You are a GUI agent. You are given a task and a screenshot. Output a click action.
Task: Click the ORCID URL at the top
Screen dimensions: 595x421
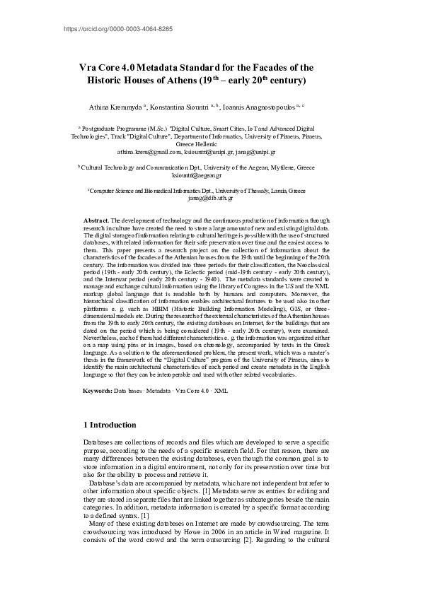(x=118, y=29)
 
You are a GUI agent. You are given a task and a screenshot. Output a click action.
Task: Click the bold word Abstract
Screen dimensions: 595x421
(x=96, y=221)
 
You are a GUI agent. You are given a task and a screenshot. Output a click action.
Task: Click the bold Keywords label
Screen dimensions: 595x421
(x=98, y=391)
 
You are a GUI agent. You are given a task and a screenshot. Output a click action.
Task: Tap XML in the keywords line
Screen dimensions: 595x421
(x=221, y=391)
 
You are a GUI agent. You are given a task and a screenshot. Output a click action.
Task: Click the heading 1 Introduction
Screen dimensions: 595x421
(x=110, y=425)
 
